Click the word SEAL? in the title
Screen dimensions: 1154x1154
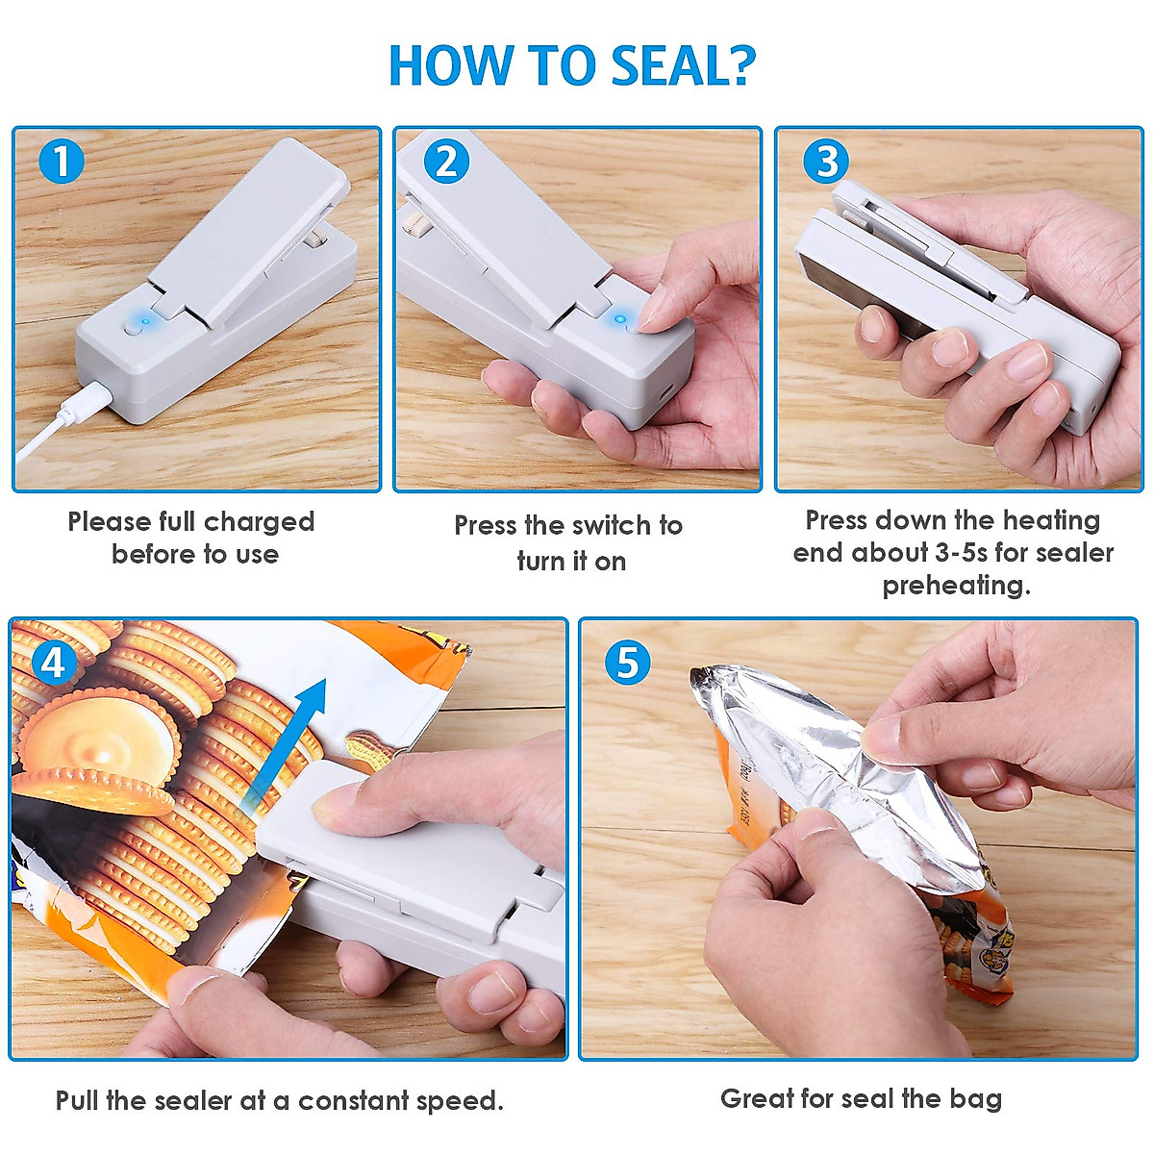(683, 65)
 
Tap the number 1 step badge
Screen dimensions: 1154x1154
(62, 162)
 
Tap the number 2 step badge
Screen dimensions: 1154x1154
(445, 162)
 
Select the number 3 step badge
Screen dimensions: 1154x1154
(826, 162)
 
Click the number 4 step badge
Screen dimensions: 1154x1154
(54, 663)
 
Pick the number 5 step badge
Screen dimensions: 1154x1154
(627, 663)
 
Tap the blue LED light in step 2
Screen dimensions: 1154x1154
(620, 318)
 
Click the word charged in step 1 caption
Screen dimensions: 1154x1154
(259, 522)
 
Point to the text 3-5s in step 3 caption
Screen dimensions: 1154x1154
(961, 553)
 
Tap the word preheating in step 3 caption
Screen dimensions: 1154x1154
(955, 586)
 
